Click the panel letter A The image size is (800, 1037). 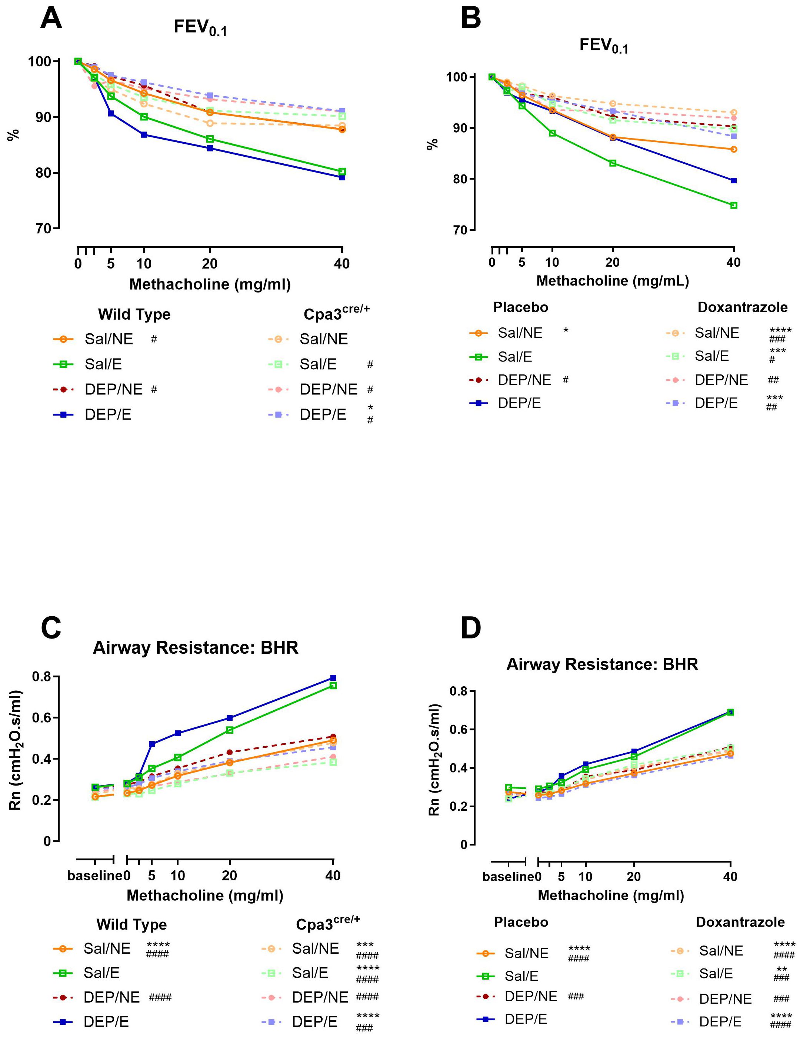pyautogui.click(x=51, y=19)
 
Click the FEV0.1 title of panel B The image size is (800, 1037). pyautogui.click(x=603, y=46)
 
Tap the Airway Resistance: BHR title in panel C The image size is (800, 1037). pyautogui.click(x=196, y=648)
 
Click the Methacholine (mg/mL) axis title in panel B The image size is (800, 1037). pyautogui.click(x=612, y=281)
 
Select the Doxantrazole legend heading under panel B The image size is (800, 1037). pyautogui.click(x=742, y=307)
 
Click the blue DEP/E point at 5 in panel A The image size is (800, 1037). pyautogui.click(x=111, y=113)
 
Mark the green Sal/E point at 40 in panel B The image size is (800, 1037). pyautogui.click(x=734, y=205)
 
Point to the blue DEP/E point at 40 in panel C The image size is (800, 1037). pyautogui.click(x=333, y=677)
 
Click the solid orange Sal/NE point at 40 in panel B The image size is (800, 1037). pyautogui.click(x=734, y=149)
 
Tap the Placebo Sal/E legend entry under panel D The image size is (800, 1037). pyautogui.click(x=521, y=976)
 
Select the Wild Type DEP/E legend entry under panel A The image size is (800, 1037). pyautogui.click(x=108, y=414)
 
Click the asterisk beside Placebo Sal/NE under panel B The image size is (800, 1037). pyautogui.click(x=566, y=330)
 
